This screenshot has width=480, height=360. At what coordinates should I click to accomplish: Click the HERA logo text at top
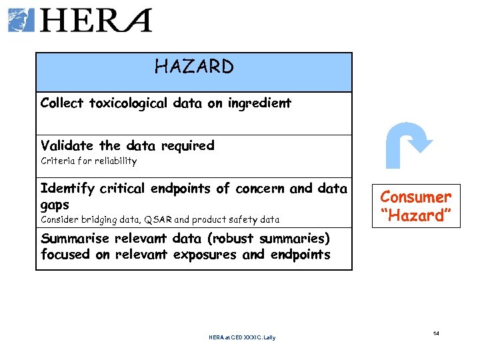97,20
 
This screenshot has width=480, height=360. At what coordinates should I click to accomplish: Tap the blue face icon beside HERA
21,20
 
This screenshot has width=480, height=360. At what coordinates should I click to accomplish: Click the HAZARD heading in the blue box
194,67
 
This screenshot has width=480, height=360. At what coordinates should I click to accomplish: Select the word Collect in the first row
62,103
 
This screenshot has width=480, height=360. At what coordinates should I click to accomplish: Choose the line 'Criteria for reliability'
89,161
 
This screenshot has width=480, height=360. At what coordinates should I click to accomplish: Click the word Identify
68,189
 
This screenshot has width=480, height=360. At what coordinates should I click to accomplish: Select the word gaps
55,205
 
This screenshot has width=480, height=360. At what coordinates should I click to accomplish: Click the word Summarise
74,239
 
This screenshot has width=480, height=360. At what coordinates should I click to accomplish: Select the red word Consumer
415,197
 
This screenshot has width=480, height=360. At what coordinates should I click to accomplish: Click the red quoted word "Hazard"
415,215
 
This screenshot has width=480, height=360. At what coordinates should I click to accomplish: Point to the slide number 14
436,333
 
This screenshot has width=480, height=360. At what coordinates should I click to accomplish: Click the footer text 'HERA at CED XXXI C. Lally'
242,337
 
